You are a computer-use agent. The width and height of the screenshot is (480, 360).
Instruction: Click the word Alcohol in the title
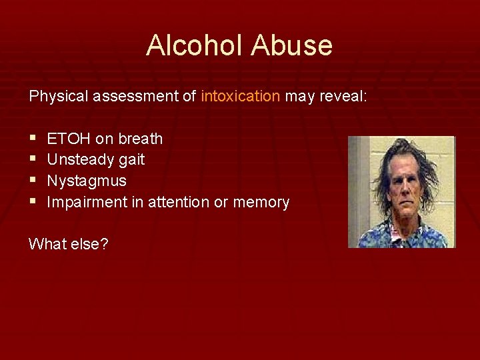point(195,45)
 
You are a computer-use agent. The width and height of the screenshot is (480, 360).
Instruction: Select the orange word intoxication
point(240,96)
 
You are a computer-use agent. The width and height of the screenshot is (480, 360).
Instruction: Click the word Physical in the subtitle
point(58,96)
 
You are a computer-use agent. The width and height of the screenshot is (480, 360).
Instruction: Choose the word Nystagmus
point(87,181)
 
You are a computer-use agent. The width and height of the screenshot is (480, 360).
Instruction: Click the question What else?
point(69,244)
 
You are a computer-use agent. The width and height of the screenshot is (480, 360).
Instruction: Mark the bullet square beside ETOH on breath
point(33,139)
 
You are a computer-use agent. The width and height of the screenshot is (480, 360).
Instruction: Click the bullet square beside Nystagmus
point(33,181)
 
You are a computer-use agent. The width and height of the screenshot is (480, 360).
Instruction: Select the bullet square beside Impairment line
point(33,203)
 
